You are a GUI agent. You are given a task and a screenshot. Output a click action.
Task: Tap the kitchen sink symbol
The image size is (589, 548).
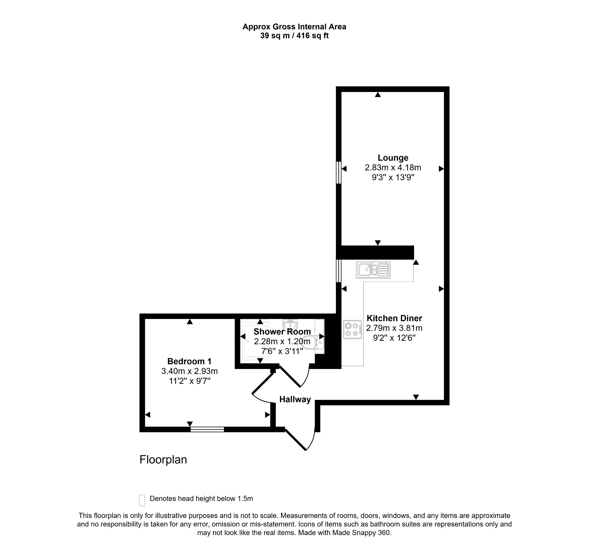click(373, 270)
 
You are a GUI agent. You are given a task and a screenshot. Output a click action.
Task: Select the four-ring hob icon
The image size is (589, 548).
click(352, 329)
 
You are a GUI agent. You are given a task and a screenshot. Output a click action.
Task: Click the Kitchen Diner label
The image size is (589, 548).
click(394, 318)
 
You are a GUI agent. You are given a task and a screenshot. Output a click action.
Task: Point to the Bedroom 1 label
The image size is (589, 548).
click(189, 361)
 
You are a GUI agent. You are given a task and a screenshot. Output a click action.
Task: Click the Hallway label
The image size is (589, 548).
click(295, 399)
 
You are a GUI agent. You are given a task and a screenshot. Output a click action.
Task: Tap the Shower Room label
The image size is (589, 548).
click(282, 332)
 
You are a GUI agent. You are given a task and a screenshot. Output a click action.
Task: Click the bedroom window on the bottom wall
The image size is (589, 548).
click(207, 429)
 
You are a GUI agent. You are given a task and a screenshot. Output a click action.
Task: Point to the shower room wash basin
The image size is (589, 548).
click(290, 324)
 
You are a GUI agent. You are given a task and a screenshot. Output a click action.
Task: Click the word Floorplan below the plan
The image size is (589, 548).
click(163, 460)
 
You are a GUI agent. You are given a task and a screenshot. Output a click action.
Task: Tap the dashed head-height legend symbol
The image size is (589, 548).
click(142, 500)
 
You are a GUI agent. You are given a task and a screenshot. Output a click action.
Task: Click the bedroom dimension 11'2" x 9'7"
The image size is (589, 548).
click(189, 381)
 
